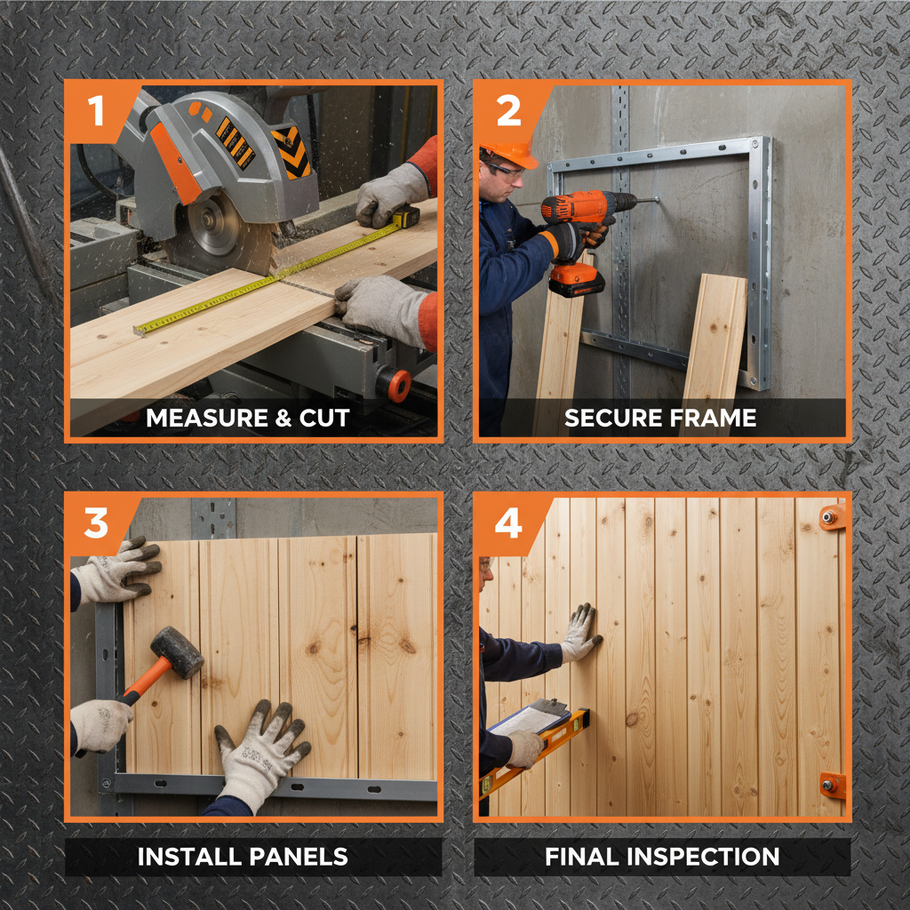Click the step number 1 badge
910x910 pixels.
pos(97,111)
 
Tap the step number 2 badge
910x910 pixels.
pos(507,111)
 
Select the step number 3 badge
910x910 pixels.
pos(97,523)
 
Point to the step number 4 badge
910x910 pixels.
pos(507,523)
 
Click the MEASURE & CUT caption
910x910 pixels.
pos(248,418)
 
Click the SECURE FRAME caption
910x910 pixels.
pos(660,418)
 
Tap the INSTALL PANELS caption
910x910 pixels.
pos(242,857)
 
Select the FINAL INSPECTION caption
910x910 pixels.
pos(662,857)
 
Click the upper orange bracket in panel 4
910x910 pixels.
pos(833,516)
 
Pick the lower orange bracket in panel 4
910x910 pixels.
pos(833,785)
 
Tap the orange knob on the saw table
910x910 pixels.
pos(398,385)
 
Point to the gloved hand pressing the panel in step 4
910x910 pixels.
pos(580,633)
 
